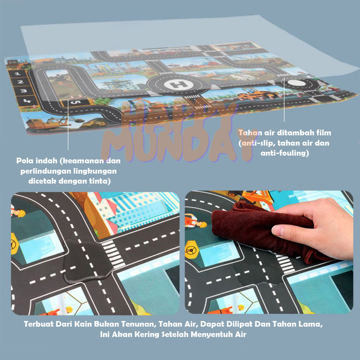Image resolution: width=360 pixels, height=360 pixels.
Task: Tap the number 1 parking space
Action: point(17,74)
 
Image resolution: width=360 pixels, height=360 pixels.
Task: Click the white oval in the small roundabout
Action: point(297,83)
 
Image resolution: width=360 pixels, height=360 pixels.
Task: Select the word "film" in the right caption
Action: point(324,133)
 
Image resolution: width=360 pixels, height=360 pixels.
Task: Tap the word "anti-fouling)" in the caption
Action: point(285,153)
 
